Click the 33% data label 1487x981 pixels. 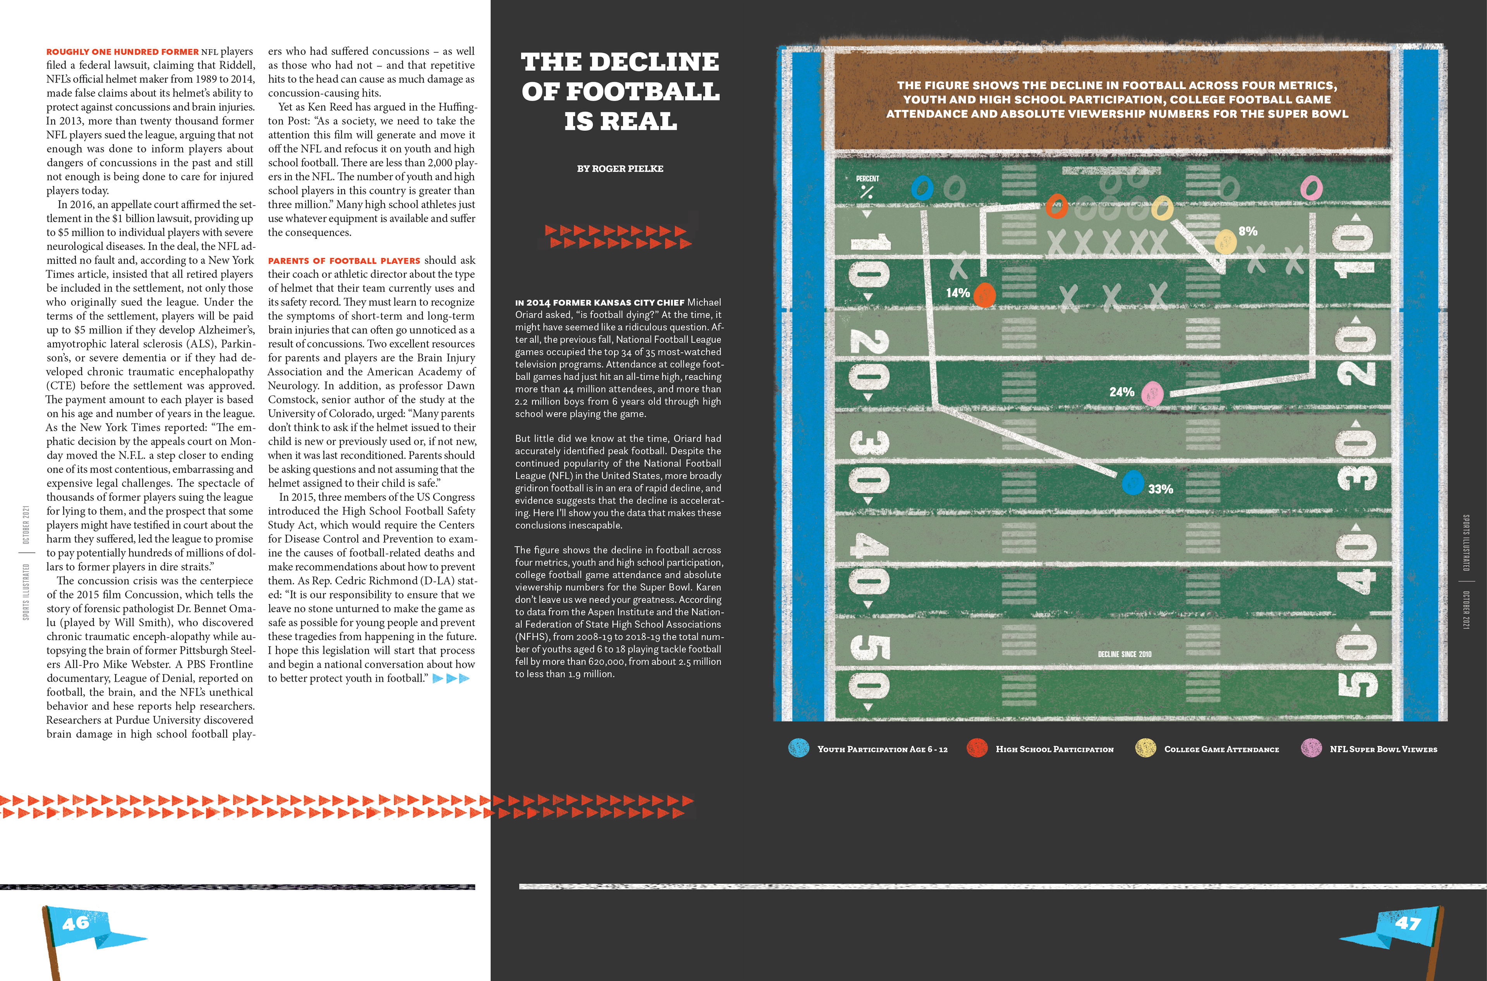tap(1160, 489)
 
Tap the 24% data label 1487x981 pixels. tap(1121, 392)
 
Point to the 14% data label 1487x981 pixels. tap(958, 293)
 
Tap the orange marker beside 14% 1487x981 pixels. tap(984, 295)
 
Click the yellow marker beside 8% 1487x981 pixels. tap(1225, 242)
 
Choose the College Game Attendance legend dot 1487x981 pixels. tap(1145, 748)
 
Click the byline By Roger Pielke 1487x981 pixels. tap(620, 169)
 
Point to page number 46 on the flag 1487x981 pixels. tap(76, 923)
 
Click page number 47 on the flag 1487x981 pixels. tap(1408, 923)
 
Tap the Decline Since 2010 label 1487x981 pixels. tap(1125, 654)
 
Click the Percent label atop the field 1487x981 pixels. tap(867, 179)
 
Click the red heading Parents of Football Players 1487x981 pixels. tap(344, 261)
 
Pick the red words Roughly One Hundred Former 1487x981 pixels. tap(122, 52)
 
